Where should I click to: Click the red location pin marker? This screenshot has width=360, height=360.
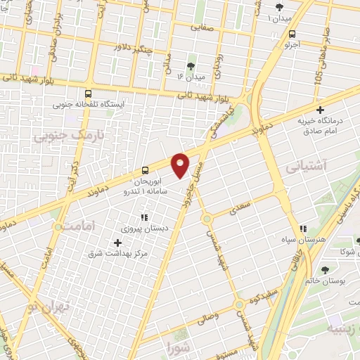pyautogui.click(x=181, y=165)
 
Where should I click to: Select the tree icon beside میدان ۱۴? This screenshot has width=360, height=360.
pyautogui.click(x=191, y=66)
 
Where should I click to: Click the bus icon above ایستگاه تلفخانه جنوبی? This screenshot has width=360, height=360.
pyautogui.click(x=89, y=93)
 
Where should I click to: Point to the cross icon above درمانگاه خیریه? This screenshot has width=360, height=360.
pyautogui.click(x=320, y=110)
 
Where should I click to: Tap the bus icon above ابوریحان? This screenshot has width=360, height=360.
pyautogui.click(x=145, y=169)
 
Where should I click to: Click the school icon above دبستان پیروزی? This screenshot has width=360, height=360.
pyautogui.click(x=145, y=218)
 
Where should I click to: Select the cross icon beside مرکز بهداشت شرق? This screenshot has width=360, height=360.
pyautogui.click(x=117, y=243)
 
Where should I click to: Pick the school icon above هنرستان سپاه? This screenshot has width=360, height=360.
pyautogui.click(x=304, y=229)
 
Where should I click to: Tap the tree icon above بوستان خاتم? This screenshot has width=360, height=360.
pyautogui.click(x=326, y=269)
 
